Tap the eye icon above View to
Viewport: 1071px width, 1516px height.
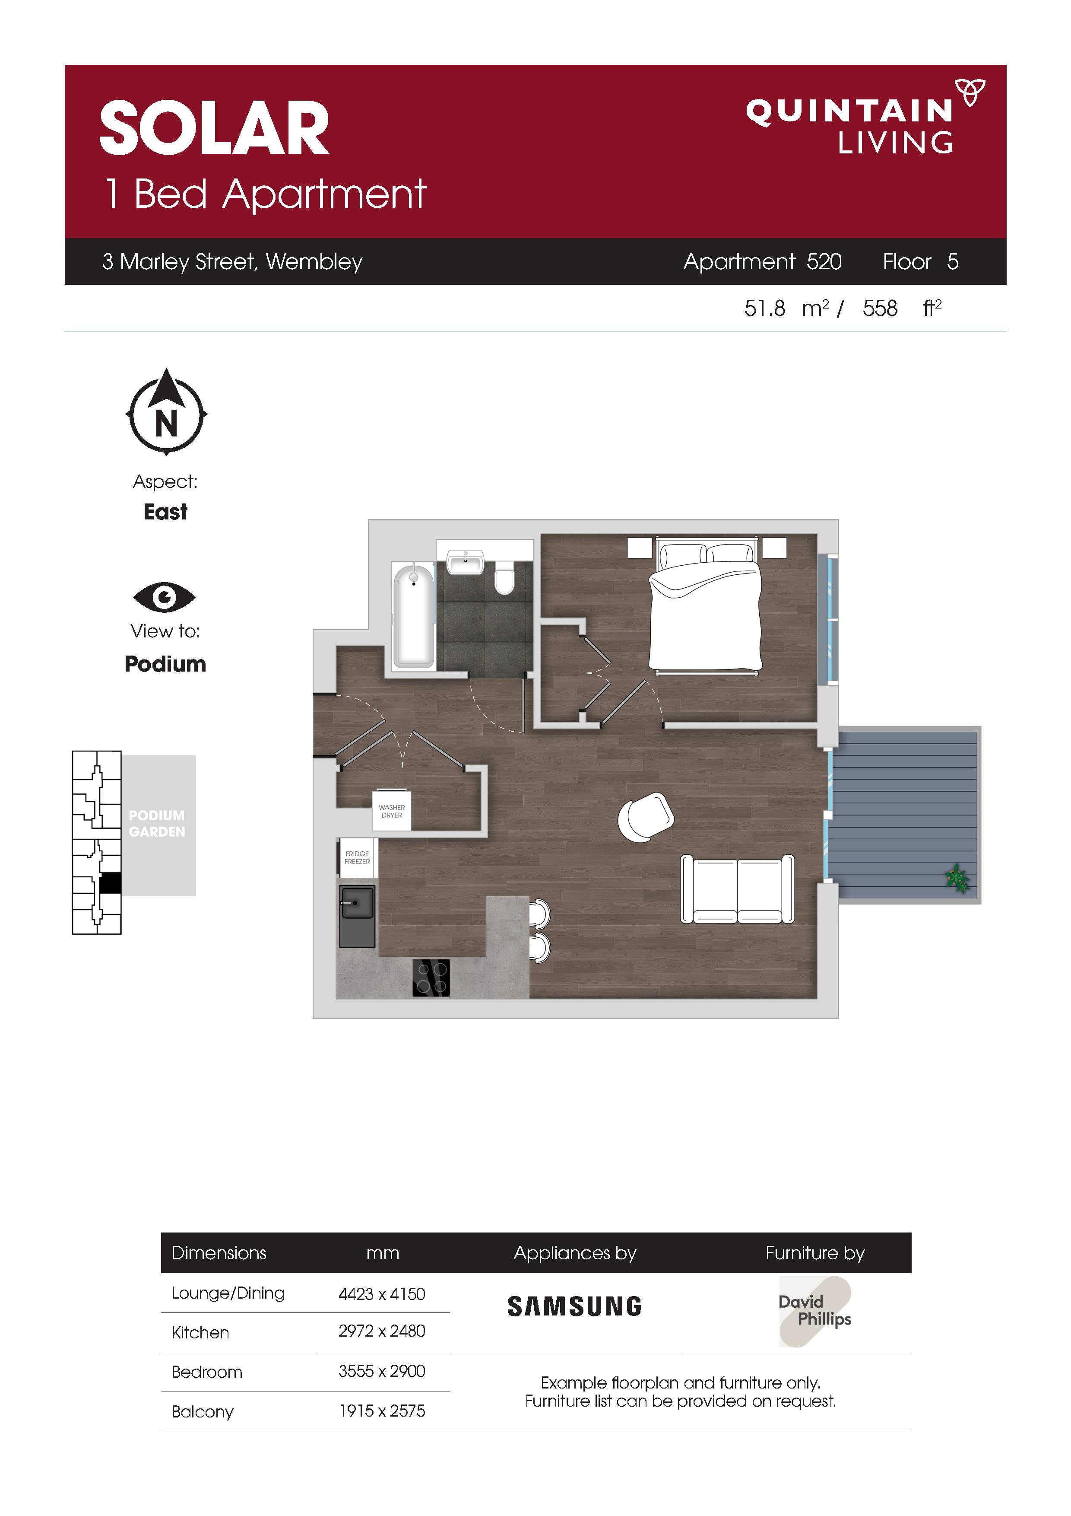[x=164, y=598]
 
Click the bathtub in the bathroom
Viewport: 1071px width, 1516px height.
[x=414, y=615]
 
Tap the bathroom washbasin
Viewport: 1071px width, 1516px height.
[x=466, y=563]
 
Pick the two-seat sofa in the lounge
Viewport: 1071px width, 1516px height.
[x=737, y=889]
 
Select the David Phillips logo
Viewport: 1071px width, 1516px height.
[x=816, y=1311]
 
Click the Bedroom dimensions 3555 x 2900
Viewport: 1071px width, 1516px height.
[x=381, y=1371]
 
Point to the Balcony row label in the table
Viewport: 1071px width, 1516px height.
[x=202, y=1412]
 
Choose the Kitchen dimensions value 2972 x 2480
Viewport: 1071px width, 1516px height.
[x=381, y=1331]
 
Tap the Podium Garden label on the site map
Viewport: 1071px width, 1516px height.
[x=157, y=823]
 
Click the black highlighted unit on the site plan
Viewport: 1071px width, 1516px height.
[x=110, y=883]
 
